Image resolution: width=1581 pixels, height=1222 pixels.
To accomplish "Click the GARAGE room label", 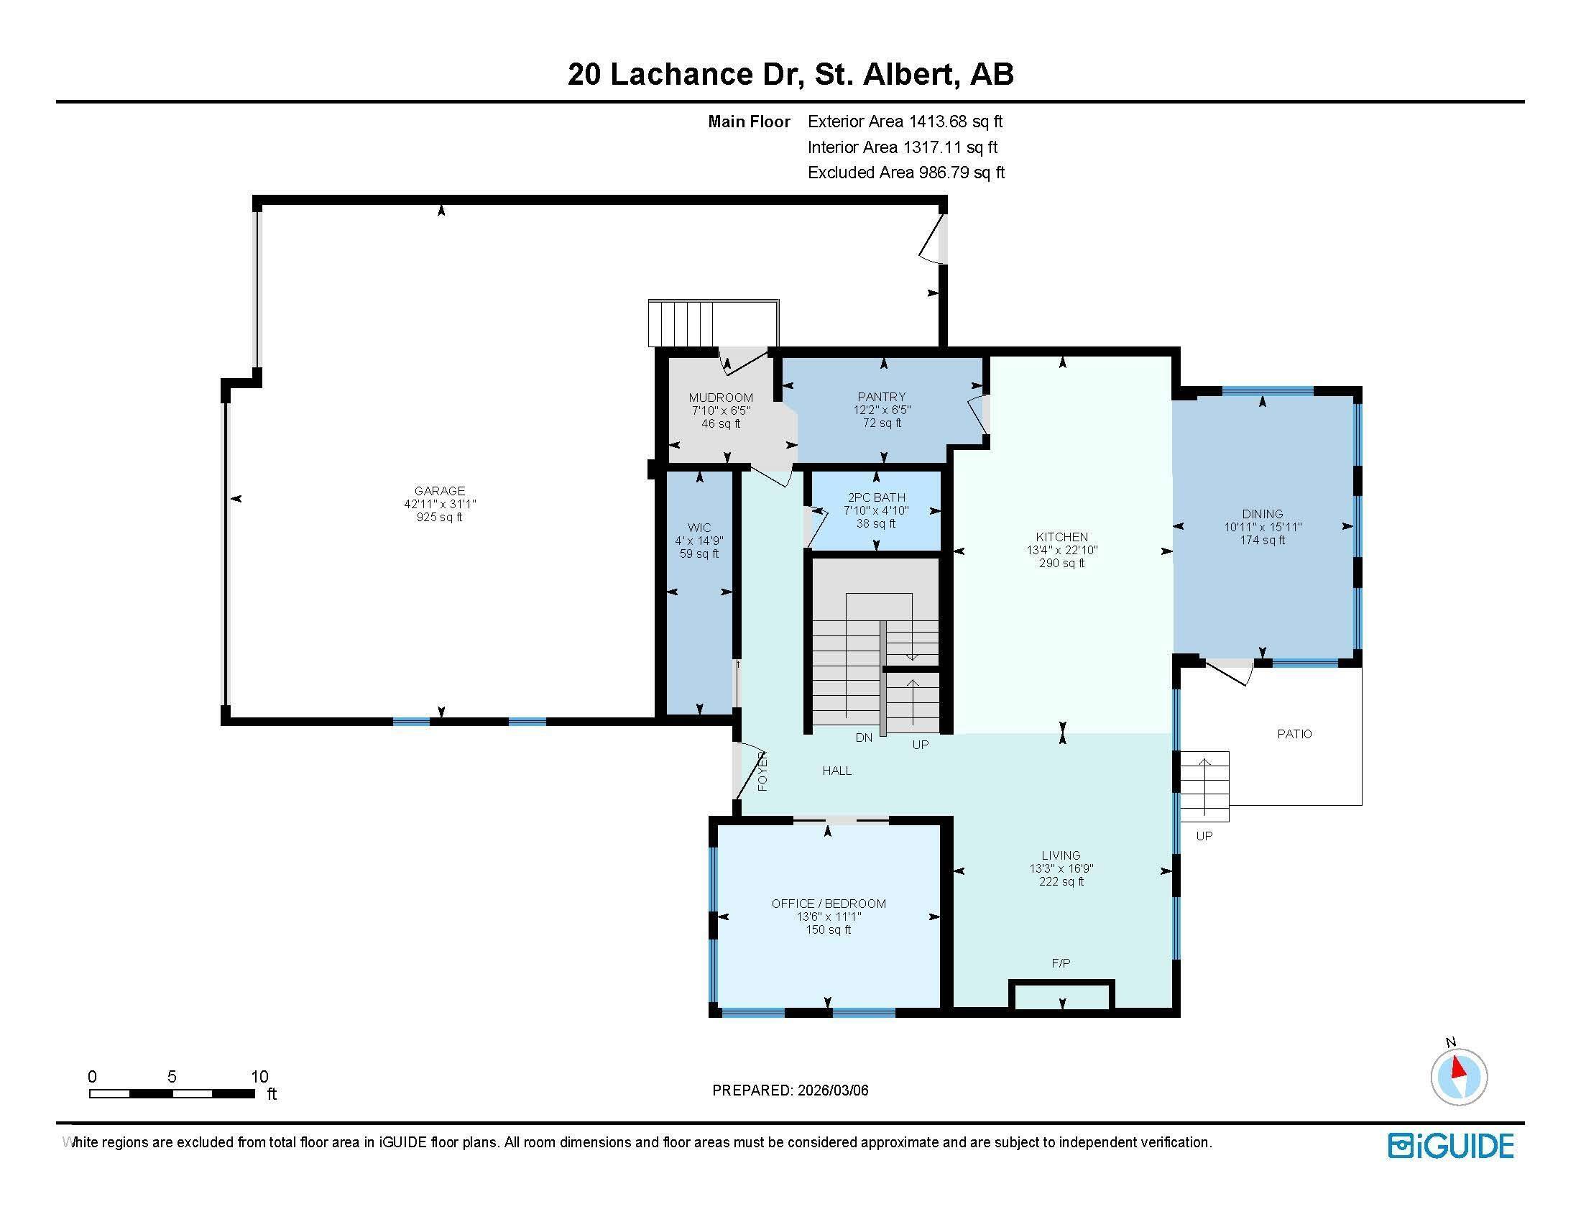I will (439, 491).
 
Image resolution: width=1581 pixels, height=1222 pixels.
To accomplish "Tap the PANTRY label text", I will (881, 397).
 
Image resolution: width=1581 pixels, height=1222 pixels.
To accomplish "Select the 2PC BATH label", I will (876, 497).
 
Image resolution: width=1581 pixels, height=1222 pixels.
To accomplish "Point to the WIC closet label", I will (699, 528).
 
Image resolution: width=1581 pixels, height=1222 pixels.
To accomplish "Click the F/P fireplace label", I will (1061, 963).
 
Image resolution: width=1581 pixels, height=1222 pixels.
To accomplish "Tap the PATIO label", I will (1294, 734).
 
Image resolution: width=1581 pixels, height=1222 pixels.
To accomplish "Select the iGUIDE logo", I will (1450, 1146).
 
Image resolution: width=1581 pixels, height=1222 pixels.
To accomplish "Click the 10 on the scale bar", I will (259, 1077).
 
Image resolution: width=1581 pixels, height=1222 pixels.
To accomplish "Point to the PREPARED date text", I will (790, 1090).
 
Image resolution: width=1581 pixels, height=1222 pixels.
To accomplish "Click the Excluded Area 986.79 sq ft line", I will (905, 173).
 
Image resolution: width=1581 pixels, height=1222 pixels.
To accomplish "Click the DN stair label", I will (864, 738).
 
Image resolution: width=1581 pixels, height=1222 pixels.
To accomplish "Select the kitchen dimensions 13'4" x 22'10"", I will (1062, 550).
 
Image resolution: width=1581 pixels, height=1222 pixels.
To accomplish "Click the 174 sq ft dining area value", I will (1263, 540).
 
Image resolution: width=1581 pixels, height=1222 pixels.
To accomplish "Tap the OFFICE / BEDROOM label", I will (828, 904).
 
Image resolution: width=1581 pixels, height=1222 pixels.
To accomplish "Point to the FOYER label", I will (762, 771).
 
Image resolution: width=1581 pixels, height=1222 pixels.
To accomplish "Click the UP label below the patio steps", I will (1204, 836).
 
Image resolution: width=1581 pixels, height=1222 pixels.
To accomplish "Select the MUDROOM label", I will (720, 398).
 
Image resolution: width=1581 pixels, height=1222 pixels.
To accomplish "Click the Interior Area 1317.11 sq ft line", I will (902, 147).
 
